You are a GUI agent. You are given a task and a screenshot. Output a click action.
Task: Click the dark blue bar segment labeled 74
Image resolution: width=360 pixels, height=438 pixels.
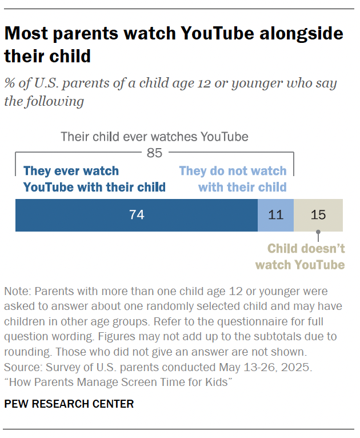point(137,215)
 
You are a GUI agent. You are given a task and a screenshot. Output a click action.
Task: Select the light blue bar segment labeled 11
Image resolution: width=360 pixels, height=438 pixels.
point(276,215)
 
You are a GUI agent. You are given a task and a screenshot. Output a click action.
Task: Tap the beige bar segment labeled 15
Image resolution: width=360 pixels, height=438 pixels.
point(318,215)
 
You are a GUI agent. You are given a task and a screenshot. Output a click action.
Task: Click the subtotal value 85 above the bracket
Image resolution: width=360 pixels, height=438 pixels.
point(154,153)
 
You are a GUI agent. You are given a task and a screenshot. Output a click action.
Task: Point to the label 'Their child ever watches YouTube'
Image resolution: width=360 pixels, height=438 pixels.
point(154,137)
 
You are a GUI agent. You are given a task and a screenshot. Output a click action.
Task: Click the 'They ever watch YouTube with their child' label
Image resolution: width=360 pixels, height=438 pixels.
point(94,179)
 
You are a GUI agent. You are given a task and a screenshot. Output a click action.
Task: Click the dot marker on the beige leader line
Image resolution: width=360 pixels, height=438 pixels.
point(318,233)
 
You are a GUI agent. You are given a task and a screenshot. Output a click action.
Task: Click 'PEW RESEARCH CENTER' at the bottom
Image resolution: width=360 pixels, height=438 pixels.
point(69,404)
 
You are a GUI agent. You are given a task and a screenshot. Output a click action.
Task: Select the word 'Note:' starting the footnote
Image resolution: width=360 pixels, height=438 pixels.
point(17,291)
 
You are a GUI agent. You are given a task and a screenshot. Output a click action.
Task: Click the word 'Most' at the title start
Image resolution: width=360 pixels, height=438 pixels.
point(26,33)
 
